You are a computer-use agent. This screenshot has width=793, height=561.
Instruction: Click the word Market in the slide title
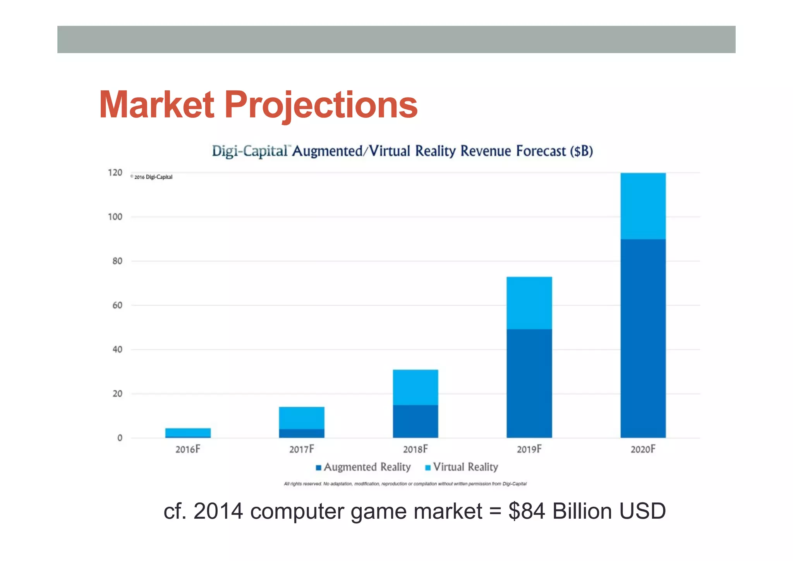point(156,105)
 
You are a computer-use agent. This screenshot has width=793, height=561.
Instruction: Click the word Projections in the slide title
point(321,105)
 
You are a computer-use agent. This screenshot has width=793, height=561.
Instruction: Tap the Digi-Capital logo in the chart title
point(250,151)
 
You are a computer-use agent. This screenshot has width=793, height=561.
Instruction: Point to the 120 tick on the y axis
point(115,173)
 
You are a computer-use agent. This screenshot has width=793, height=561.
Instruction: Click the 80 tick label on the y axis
point(117,261)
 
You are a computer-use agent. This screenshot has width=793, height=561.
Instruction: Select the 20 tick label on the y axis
point(117,394)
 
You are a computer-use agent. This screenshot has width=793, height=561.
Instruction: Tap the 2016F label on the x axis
point(188,449)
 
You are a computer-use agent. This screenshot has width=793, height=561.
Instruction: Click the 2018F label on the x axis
point(415,449)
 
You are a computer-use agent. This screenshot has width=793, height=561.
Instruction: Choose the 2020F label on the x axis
point(643,449)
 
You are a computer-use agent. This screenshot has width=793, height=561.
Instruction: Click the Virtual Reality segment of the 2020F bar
point(643,206)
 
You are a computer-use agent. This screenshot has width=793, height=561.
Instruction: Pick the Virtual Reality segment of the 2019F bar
point(529,303)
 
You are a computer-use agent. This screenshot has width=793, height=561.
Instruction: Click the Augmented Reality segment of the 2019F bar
point(529,383)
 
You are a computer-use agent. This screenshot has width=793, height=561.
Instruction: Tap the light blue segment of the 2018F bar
point(415,387)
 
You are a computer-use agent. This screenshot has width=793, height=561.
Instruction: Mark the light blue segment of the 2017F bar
point(302,418)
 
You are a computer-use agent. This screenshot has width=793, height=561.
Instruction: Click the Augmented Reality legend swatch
point(319,468)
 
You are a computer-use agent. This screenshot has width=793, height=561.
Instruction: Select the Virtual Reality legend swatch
point(428,468)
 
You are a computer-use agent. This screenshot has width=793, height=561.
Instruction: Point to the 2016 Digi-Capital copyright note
point(152,177)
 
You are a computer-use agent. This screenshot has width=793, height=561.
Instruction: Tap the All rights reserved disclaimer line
point(405,484)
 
